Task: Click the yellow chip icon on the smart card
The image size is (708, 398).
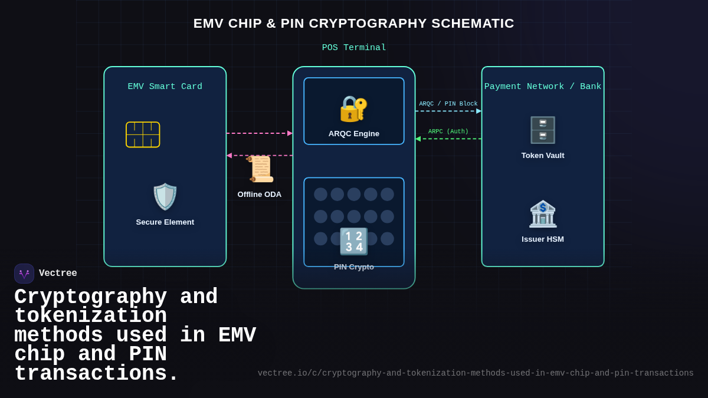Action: pyautogui.click(x=143, y=134)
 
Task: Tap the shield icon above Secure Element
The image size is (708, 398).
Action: pyautogui.click(x=165, y=196)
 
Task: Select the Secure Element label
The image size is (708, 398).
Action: pyautogui.click(x=165, y=222)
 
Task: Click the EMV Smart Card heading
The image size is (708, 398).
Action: pyautogui.click(x=165, y=87)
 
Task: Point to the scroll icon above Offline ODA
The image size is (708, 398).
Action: pyautogui.click(x=260, y=169)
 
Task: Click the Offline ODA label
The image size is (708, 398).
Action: pyautogui.click(x=260, y=195)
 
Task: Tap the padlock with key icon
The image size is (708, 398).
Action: pyautogui.click(x=353, y=108)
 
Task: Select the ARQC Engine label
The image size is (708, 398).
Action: pyautogui.click(x=353, y=134)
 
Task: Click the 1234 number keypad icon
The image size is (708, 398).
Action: pyautogui.click(x=353, y=241)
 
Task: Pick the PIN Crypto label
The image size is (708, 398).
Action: pyautogui.click(x=353, y=267)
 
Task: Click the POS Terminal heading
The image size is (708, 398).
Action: pyautogui.click(x=353, y=48)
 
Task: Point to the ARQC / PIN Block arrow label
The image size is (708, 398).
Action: pyautogui.click(x=448, y=104)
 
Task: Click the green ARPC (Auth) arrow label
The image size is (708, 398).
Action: pyautogui.click(x=448, y=132)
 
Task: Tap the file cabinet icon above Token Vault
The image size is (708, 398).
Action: pyautogui.click(x=543, y=130)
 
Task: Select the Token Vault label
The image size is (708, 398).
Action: pyautogui.click(x=543, y=156)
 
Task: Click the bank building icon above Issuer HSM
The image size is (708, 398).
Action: pyautogui.click(x=543, y=213)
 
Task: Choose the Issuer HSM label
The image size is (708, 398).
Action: pyautogui.click(x=543, y=239)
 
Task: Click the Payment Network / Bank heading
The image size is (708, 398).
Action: pyautogui.click(x=543, y=87)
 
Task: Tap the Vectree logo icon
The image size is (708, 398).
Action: pyautogui.click(x=24, y=274)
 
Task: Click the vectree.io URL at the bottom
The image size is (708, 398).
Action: pyautogui.click(x=476, y=373)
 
